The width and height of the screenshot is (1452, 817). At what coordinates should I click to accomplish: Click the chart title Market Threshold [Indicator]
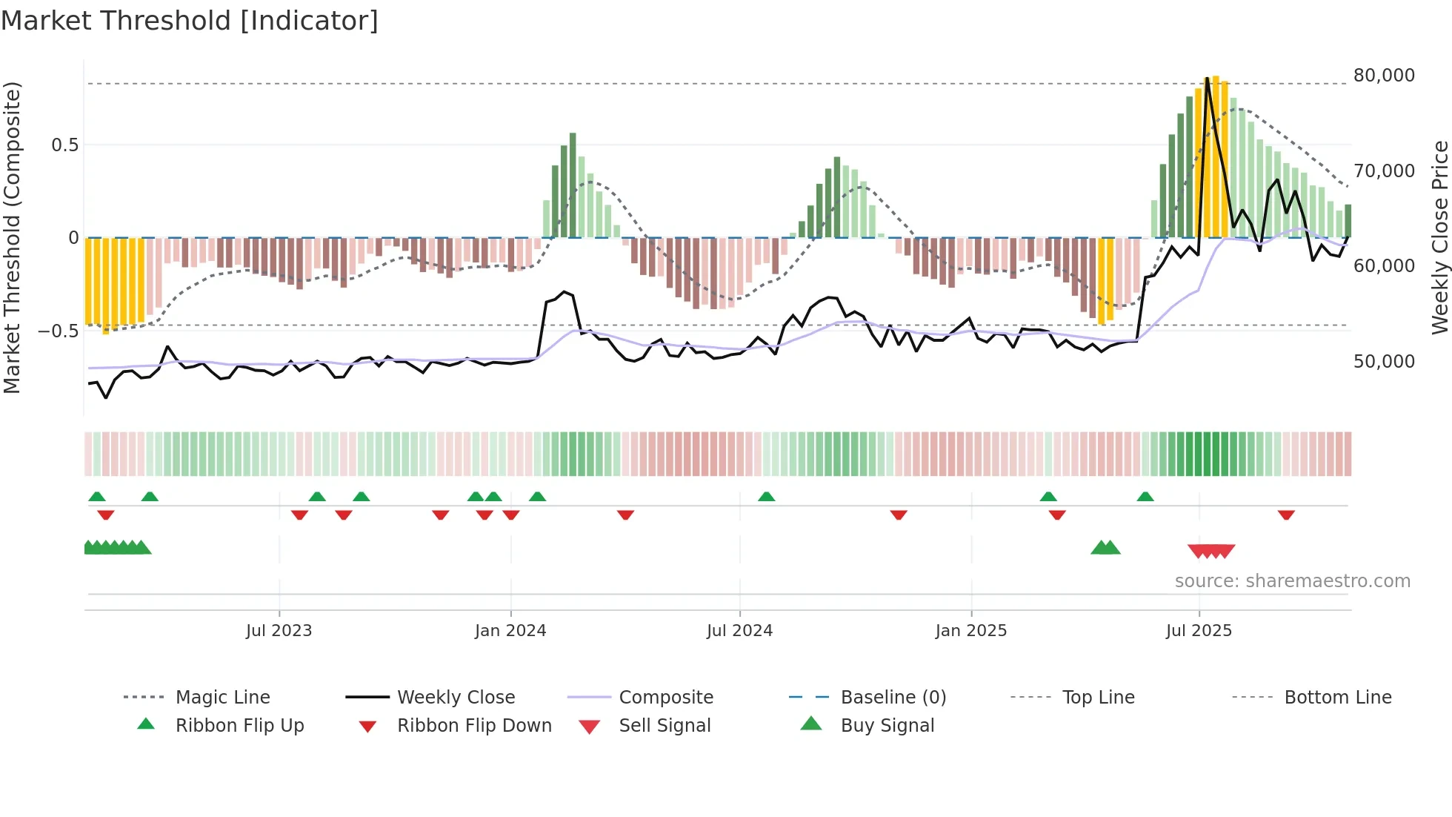pos(190,21)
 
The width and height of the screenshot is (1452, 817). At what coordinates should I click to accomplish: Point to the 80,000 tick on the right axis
pos(1383,76)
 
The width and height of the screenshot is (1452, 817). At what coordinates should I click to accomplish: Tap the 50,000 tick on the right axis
pos(1383,362)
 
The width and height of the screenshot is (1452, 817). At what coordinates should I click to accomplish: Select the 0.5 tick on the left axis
pos(64,145)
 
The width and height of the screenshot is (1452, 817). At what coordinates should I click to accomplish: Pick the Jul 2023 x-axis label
pos(279,631)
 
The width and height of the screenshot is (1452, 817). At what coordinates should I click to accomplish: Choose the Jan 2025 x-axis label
pos(970,631)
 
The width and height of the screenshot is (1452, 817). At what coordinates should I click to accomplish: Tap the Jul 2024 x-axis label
pos(739,631)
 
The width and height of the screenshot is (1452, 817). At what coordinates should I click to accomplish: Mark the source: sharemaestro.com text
pos(1292,581)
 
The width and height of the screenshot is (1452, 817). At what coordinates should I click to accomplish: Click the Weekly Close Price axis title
pos(1439,237)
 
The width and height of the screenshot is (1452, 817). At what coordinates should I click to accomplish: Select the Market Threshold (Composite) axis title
pos(12,237)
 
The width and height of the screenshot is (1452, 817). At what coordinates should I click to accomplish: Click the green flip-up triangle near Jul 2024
pos(766,497)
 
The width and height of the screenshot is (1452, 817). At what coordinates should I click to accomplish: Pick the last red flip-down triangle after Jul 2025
pos(1286,515)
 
